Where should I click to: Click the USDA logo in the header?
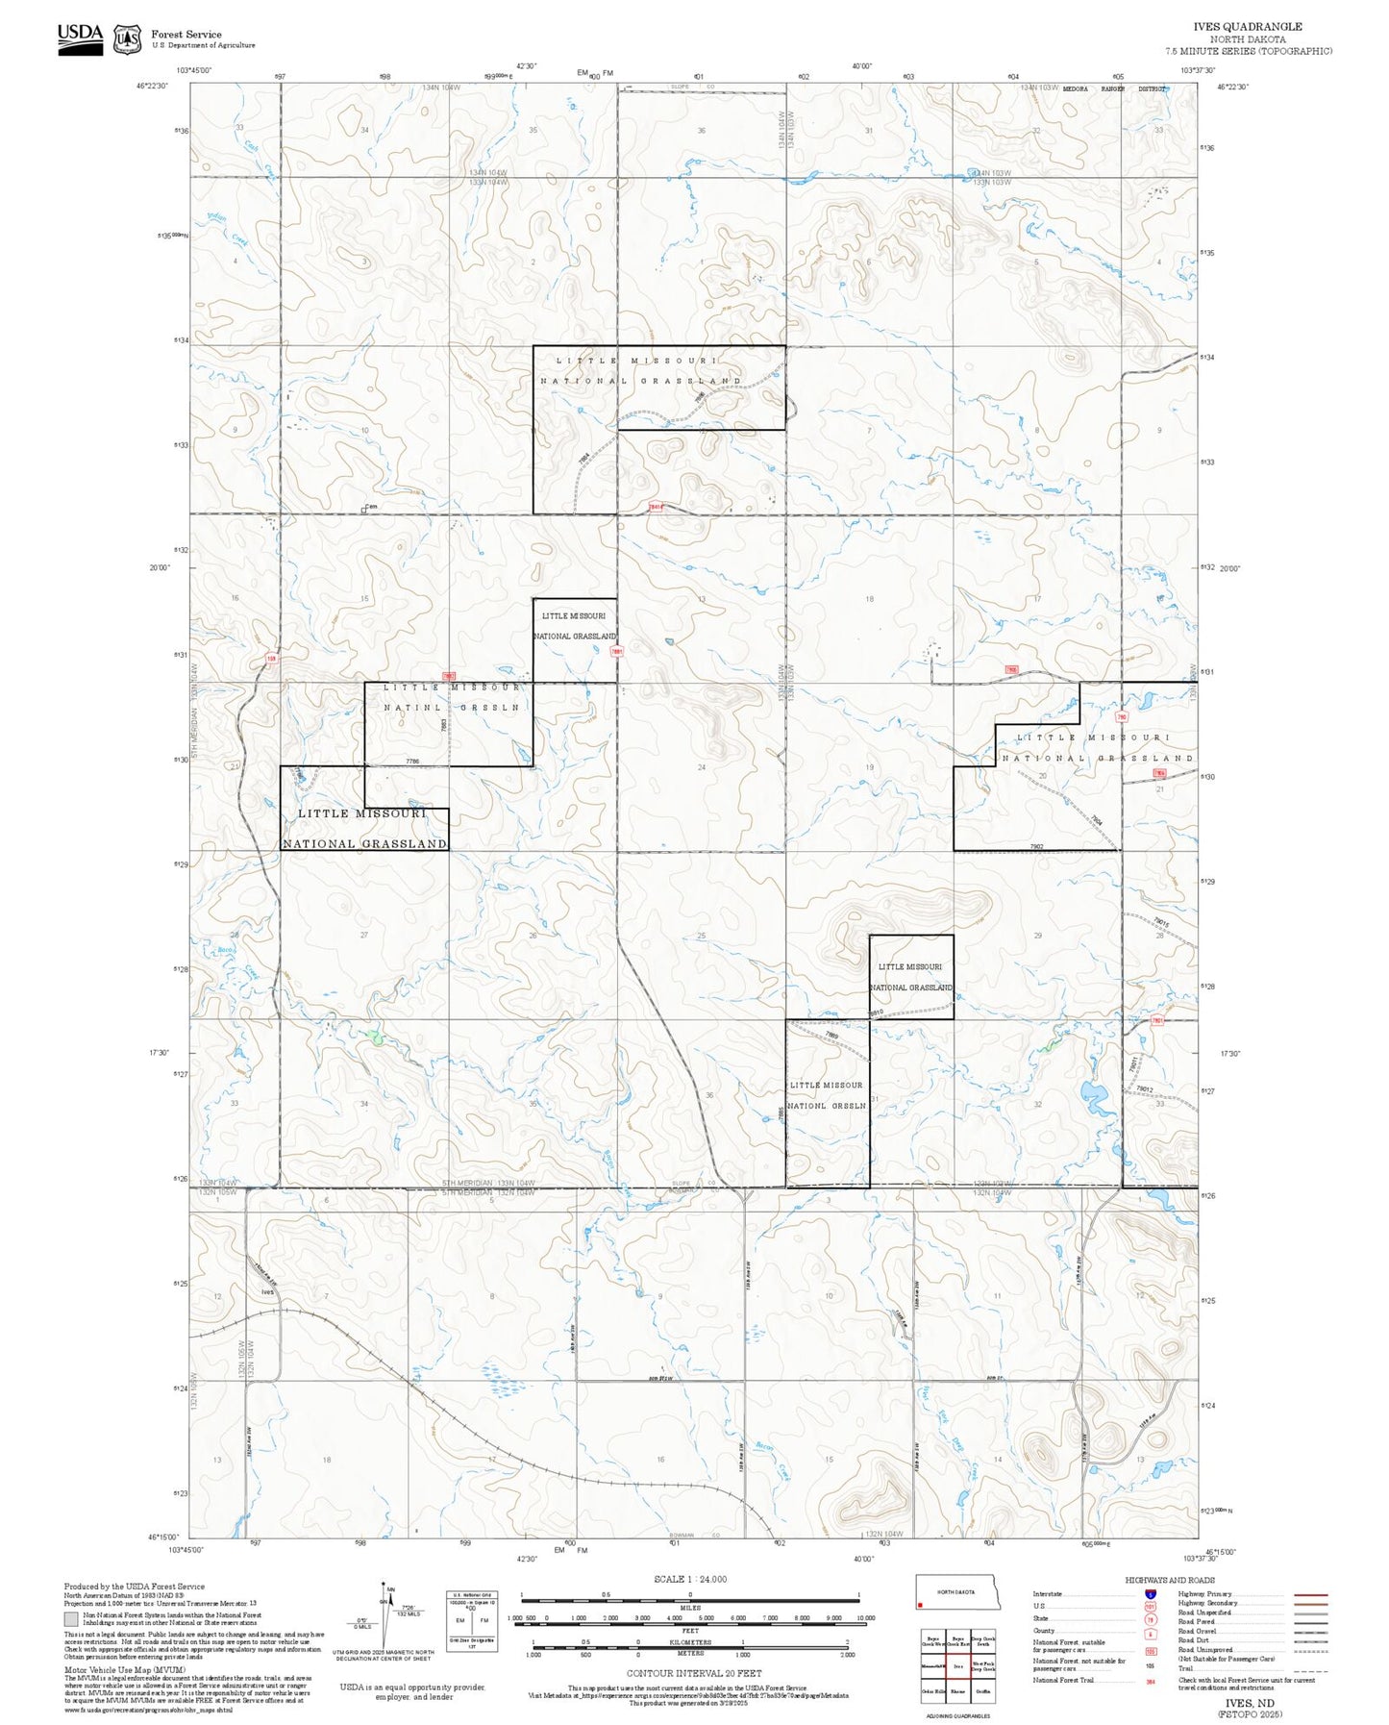(x=80, y=37)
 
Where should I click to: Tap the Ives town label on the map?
(x=267, y=1291)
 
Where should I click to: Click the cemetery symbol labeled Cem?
(x=369, y=508)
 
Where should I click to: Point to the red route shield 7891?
(x=617, y=651)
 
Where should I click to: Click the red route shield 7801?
(x=1157, y=1021)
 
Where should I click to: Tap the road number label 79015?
(x=1161, y=923)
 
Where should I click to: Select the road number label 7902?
(x=1036, y=846)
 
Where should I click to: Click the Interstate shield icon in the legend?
(x=1150, y=1593)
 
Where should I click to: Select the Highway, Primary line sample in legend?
(x=1311, y=1593)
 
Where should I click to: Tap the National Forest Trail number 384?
(x=1151, y=1681)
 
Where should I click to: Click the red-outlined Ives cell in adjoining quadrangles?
(x=957, y=1665)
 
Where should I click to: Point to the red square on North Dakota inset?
(x=921, y=1604)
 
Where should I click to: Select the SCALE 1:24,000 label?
(x=690, y=1579)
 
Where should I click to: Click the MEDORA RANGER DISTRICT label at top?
(x=1113, y=88)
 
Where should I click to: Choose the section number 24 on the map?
(x=702, y=766)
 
